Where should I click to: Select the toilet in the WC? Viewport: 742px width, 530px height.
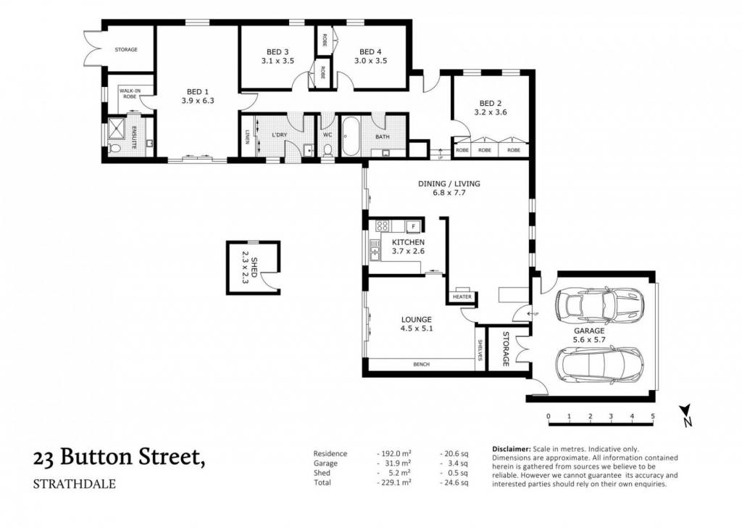[x=327, y=150]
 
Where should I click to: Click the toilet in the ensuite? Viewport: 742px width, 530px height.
[x=114, y=148]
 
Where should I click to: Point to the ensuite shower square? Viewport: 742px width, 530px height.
[x=116, y=127]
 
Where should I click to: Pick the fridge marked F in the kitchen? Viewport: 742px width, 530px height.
[x=412, y=226]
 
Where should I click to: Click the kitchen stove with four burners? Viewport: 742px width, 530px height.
[x=383, y=226]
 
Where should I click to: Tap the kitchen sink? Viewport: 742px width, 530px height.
[x=375, y=250]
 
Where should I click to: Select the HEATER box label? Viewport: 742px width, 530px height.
[x=462, y=297]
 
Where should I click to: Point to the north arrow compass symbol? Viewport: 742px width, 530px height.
[x=686, y=415]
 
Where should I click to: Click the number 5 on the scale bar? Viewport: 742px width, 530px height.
[x=653, y=416]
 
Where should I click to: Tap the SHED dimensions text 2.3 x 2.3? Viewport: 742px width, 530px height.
[x=245, y=268]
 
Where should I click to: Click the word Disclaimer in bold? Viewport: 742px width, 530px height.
[x=512, y=449]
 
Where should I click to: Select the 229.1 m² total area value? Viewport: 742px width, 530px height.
[x=394, y=483]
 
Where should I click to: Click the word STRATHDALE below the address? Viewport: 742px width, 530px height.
[x=75, y=484]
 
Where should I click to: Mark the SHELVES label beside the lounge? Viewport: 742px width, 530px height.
[x=480, y=349]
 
